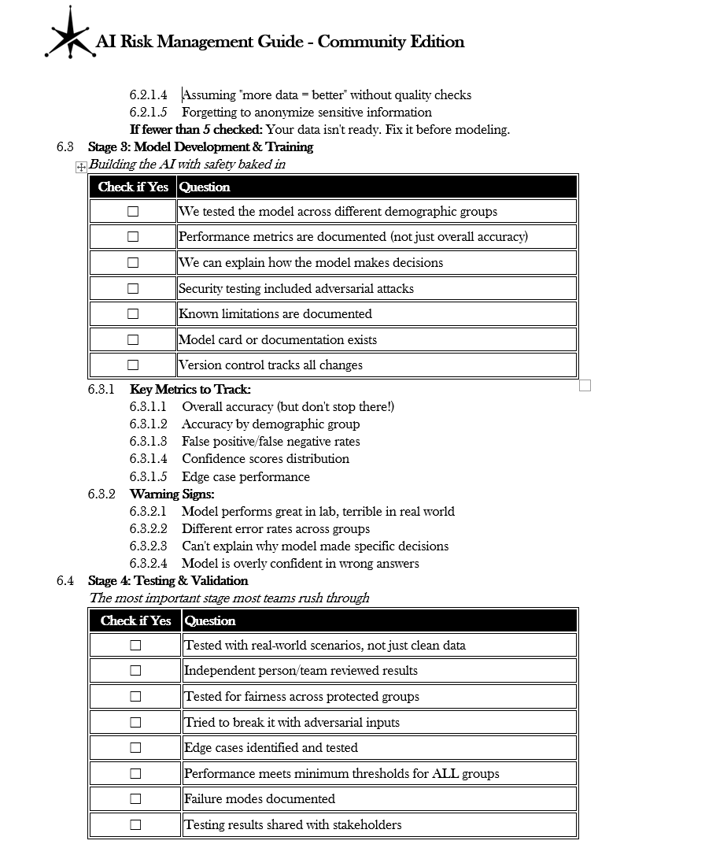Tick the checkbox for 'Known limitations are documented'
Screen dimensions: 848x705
[x=133, y=314]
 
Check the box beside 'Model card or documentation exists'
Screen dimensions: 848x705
[x=133, y=340]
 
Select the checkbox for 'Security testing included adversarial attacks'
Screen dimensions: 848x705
[x=133, y=289]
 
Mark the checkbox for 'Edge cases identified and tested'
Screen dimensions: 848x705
[x=135, y=748]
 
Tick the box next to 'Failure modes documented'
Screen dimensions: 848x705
[x=135, y=799]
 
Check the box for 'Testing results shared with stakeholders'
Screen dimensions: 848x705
[x=135, y=825]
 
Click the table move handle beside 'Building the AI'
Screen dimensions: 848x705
[x=81, y=167]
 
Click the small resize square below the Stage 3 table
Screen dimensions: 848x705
[x=585, y=385]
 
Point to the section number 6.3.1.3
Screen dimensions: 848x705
[x=148, y=442]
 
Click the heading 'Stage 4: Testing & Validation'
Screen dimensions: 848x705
[x=168, y=581]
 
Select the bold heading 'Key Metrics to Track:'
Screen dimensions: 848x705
[x=190, y=390]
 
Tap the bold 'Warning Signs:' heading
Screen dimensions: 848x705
[x=172, y=494]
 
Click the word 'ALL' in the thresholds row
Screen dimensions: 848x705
[x=445, y=774]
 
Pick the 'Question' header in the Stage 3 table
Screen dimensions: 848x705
[x=205, y=187]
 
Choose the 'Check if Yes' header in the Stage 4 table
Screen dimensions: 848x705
[x=135, y=621]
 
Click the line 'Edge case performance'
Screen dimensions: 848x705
[x=245, y=477]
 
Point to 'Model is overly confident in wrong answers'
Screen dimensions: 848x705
[x=300, y=564]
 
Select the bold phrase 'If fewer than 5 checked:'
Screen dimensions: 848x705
[x=196, y=130]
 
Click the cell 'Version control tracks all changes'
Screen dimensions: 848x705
[x=271, y=365]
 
